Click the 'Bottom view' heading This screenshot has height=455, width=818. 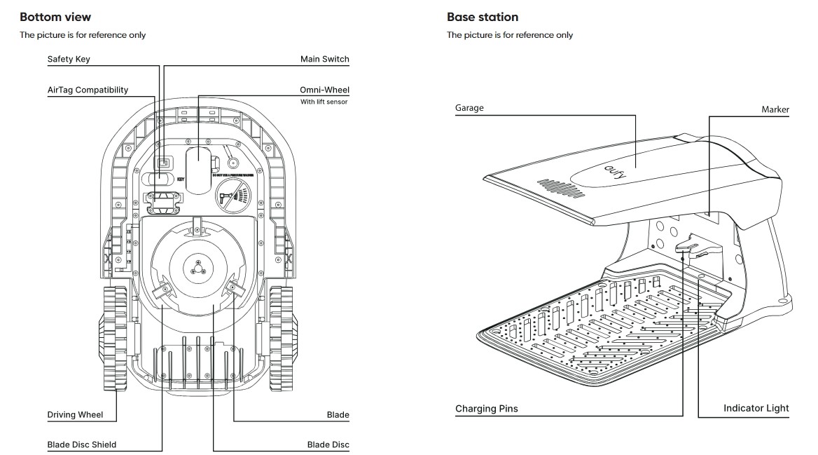[55, 17]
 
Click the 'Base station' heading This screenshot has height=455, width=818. [483, 17]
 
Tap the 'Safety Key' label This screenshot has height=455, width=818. [69, 60]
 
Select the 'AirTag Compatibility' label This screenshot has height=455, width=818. [88, 90]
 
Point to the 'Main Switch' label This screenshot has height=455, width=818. [324, 60]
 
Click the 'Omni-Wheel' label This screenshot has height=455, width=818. [324, 90]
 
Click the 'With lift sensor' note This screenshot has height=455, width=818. [324, 102]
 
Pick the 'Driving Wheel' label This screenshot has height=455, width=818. [75, 414]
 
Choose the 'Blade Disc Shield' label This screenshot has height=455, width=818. [81, 444]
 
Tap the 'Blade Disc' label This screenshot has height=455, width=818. [328, 444]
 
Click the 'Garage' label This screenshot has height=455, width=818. [469, 108]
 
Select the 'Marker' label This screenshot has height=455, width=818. [775, 109]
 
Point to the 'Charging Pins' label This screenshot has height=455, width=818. [487, 409]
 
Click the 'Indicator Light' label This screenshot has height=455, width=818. [756, 408]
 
